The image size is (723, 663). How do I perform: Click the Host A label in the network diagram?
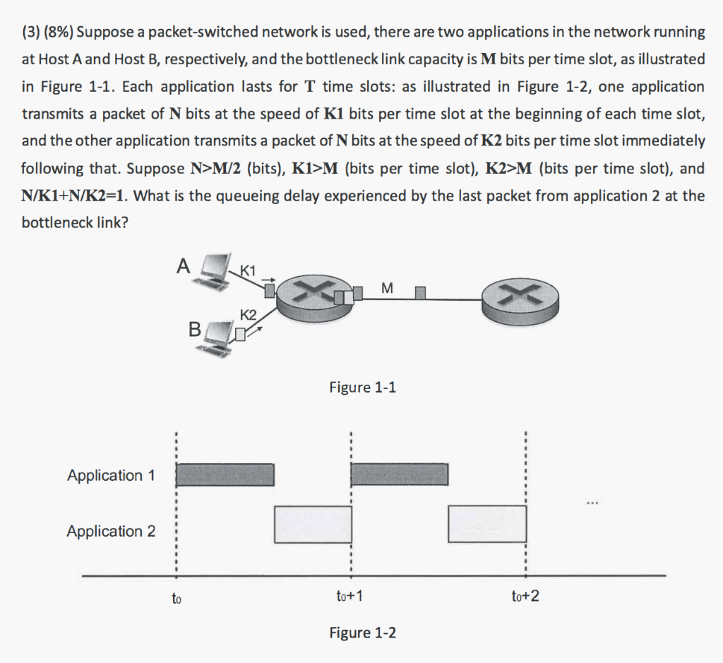click(183, 266)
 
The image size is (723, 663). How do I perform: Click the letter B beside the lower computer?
click(195, 328)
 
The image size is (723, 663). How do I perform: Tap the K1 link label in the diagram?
click(249, 269)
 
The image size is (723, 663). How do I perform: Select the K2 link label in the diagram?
click(248, 314)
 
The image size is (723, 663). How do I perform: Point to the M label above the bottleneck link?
click(386, 287)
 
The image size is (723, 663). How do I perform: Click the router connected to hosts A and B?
click(308, 297)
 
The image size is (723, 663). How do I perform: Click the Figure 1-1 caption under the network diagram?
click(362, 387)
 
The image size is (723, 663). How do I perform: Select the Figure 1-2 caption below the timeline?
click(362, 633)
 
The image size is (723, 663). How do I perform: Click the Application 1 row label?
click(111, 475)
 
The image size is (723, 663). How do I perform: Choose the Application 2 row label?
click(111, 531)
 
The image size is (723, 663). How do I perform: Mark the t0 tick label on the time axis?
click(177, 599)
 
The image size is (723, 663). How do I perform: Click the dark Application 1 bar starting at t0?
click(225, 474)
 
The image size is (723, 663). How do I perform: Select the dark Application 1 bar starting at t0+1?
click(400, 474)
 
